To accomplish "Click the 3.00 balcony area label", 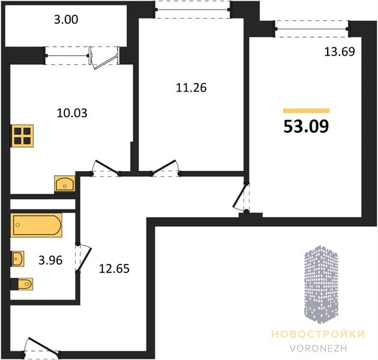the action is pos(66,20).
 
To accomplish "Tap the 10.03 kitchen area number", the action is pos(72,113).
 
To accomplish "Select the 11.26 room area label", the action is pos(191,88).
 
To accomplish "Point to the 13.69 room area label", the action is pos(340,52).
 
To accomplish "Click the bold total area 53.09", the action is pos(306,127).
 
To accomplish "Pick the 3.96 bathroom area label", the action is pos(50,260).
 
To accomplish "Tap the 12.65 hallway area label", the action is pos(114,269).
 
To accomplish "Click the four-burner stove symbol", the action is pos(22,136).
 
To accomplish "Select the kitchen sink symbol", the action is pos(65,184).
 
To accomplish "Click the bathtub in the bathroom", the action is pos(36,225).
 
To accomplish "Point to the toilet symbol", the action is pos(22,284).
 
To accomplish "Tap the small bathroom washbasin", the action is pos(17,259).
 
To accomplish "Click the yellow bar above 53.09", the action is pos(307,110).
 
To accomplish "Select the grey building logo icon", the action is pos(321,284).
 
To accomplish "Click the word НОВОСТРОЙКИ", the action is pos(318,334).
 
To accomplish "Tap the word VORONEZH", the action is pos(318,349).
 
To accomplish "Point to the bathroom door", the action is pos(83,259).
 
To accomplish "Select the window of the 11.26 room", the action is pos(193,10).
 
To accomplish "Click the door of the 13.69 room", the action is pos(242,197).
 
